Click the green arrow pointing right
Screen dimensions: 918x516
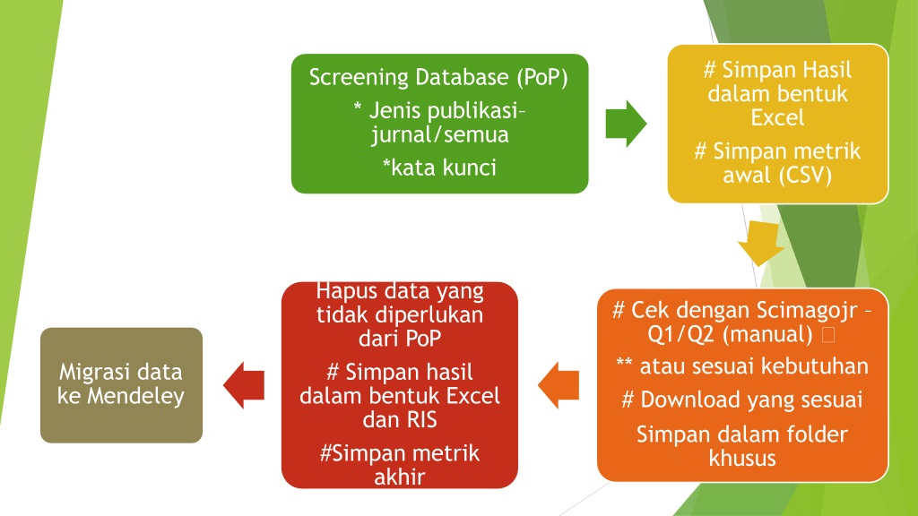tap(626, 123)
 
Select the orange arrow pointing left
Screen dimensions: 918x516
tap(559, 385)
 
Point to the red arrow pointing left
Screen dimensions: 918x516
tap(244, 385)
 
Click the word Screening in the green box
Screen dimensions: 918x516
tap(359, 78)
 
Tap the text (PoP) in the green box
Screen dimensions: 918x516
tap(542, 77)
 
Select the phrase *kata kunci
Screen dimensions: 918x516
tap(439, 168)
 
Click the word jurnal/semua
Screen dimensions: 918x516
tap(439, 135)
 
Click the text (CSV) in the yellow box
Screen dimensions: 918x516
tap(807, 175)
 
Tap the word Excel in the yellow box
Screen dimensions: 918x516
tap(777, 117)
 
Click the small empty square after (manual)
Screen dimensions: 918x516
tap(828, 335)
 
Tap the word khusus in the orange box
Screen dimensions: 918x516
tap(742, 458)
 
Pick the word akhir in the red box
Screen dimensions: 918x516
tap(399, 477)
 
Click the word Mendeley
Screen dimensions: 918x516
tap(136, 397)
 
